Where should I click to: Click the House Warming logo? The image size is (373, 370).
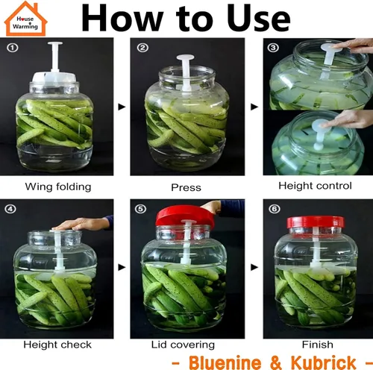(26, 19)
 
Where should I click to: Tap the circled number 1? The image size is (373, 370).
(13, 48)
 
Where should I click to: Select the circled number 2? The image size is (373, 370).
(142, 48)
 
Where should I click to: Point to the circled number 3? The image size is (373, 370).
(273, 48)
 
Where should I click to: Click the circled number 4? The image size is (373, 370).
(10, 209)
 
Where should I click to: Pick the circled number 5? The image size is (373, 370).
(140, 209)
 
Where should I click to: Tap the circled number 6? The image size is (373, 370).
(275, 209)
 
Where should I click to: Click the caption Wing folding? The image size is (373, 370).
(58, 187)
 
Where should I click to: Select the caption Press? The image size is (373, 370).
(186, 187)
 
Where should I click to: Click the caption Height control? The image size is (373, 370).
(315, 186)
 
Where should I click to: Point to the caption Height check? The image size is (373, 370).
(57, 345)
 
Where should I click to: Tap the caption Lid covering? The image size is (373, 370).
(183, 345)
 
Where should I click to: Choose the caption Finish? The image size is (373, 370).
(318, 345)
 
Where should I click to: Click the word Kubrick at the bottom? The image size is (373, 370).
(323, 363)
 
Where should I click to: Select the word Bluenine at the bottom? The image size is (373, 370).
(225, 363)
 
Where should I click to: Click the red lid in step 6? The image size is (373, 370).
(316, 222)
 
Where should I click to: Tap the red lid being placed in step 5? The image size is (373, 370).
(185, 216)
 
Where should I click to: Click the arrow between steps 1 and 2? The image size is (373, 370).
(122, 107)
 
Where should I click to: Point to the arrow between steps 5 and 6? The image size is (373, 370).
(254, 268)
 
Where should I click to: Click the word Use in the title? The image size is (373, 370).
(259, 18)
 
